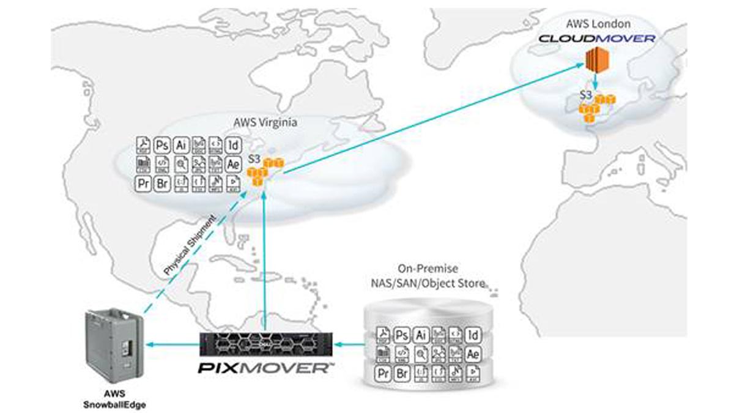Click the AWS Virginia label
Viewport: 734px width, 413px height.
pos(265,122)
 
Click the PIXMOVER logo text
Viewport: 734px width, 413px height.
pos(265,368)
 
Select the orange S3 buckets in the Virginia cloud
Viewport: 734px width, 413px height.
pos(264,172)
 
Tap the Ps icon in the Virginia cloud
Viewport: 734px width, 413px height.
pos(162,145)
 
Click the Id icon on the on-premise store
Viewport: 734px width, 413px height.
pos(472,335)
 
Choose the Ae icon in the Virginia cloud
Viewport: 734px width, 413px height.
pos(233,163)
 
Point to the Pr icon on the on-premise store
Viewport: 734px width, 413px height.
pos(383,372)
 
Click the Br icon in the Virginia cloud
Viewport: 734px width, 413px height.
pos(162,182)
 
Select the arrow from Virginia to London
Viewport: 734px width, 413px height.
pos(428,116)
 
